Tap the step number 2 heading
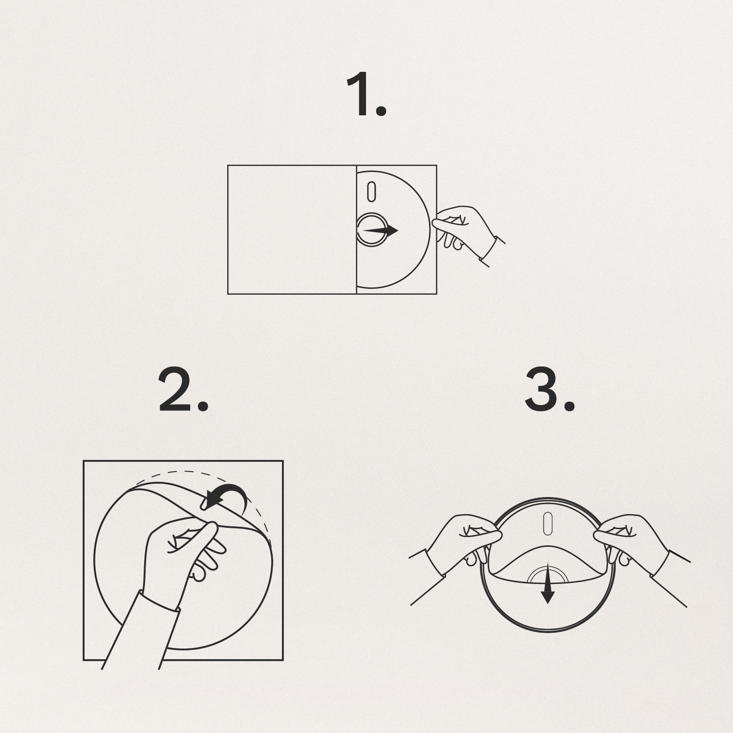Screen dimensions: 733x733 [x=184, y=390]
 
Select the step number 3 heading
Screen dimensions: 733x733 [x=550, y=389]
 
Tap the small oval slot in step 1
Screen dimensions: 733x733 [x=371, y=192]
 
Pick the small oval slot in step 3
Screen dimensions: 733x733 [x=548, y=523]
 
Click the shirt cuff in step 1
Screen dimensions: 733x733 [x=494, y=249]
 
